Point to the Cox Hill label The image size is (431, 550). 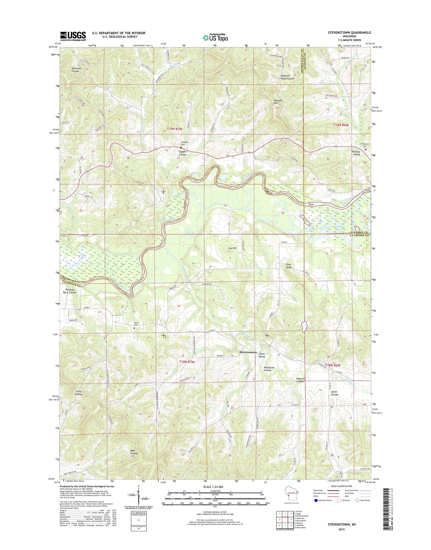pos(232,248)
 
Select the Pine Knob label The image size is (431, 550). pos(289,266)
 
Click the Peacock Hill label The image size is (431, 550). pos(278,102)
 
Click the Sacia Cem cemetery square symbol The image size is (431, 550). pos(134,328)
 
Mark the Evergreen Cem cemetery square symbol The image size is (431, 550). pos(365,150)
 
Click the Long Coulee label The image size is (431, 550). pos(79,393)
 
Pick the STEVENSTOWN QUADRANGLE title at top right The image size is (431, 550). pos(349,33)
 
